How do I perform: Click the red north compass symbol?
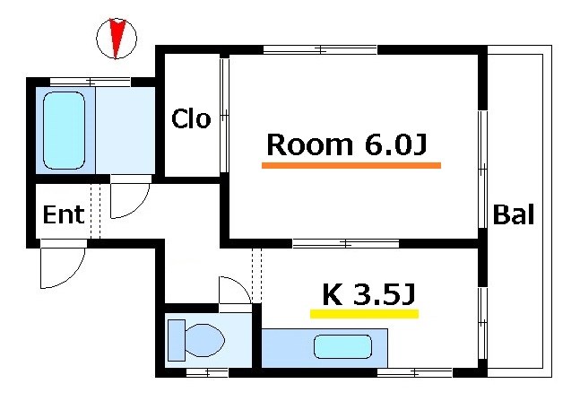pos(116,39)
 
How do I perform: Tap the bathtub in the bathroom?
pos(65,129)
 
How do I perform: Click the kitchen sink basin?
pos(342,346)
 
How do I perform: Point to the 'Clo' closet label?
pos(191,118)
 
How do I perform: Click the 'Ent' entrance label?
pos(64,214)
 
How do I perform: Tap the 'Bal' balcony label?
pos(515,214)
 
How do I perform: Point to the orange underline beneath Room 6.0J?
pos(351,165)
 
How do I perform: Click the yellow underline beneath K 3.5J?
pos(364,314)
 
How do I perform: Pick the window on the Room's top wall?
pos(320,49)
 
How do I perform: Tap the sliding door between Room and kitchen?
pos(345,242)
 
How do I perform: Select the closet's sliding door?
pos(224,115)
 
